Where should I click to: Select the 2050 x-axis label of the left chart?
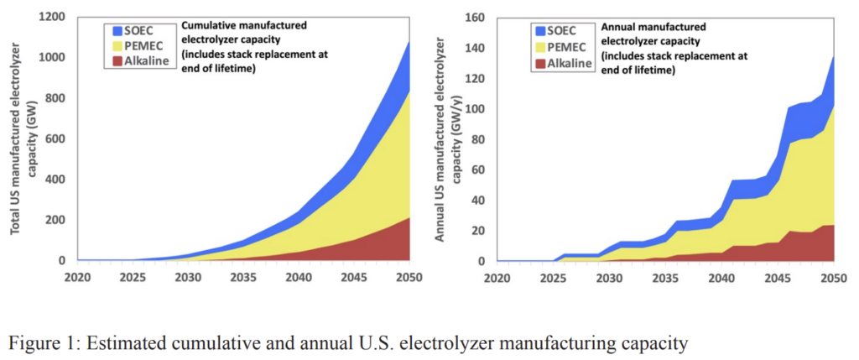tap(410, 276)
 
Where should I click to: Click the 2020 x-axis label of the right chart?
tap(497, 276)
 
